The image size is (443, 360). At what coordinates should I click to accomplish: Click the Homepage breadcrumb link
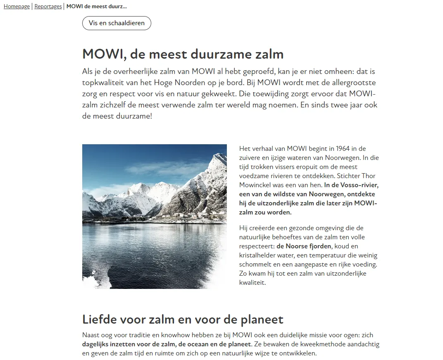(x=17, y=7)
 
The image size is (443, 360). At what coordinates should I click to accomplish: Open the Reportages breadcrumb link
(x=48, y=7)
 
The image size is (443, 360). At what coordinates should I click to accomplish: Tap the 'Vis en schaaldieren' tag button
(x=117, y=23)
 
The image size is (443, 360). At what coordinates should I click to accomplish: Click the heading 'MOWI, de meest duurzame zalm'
(x=183, y=54)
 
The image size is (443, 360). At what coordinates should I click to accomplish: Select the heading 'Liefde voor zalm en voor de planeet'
(x=183, y=319)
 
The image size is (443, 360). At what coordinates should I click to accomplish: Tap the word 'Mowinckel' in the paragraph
(x=253, y=185)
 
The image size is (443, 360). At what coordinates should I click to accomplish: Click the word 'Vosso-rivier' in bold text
(x=360, y=185)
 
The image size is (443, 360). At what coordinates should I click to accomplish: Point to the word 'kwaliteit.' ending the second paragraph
(x=252, y=283)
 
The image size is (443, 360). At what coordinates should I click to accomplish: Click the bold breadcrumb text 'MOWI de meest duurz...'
(x=97, y=7)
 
